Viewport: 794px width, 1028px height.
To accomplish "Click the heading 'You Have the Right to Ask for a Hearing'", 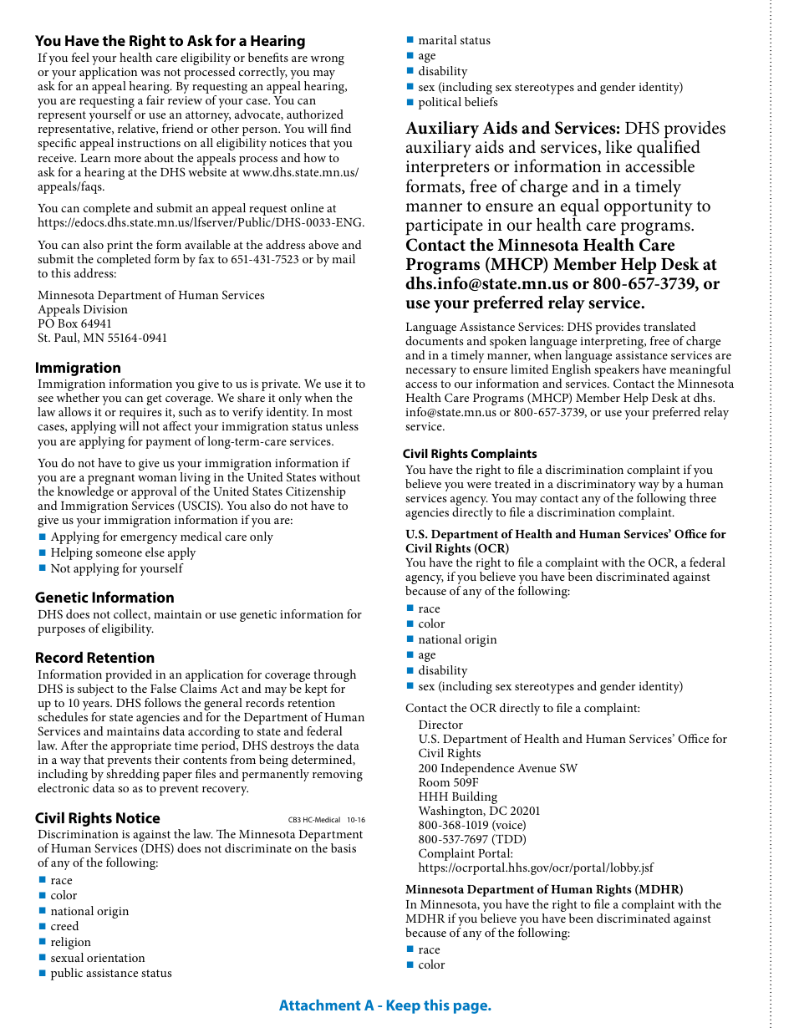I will pyautogui.click(x=170, y=41).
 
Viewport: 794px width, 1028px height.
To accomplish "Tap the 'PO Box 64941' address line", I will pyautogui.click(x=74, y=323).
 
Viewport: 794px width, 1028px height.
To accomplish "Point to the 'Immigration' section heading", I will pyautogui.click(x=78, y=368).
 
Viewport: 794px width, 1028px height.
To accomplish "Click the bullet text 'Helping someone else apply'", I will pyautogui.click(x=123, y=552).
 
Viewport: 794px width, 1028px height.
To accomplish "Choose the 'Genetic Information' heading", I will pyautogui.click(x=104, y=598).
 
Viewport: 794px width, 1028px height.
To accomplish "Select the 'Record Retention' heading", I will pyautogui.click(x=94, y=658).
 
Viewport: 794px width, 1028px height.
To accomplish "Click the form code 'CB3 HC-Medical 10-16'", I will pyautogui.click(x=326, y=820).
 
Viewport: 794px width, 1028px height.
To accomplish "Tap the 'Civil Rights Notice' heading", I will pyautogui.click(x=97, y=818).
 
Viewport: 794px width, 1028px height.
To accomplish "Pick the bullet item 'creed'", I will pyautogui.click(x=64, y=926).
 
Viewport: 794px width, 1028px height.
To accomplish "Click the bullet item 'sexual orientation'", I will pyautogui.click(x=97, y=958).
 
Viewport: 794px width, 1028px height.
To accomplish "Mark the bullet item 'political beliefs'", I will pyautogui.click(x=457, y=102).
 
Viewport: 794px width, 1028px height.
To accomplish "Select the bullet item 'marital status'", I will pyautogui.click(x=454, y=40).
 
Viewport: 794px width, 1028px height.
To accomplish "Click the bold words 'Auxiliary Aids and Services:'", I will pyautogui.click(x=512, y=128).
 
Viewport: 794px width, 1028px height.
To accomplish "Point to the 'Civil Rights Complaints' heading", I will pyautogui.click(x=470, y=454).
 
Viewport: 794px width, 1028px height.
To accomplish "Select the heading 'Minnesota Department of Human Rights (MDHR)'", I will pyautogui.click(x=544, y=889).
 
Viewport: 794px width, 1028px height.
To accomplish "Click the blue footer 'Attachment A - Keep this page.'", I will pyautogui.click(x=385, y=1005).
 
